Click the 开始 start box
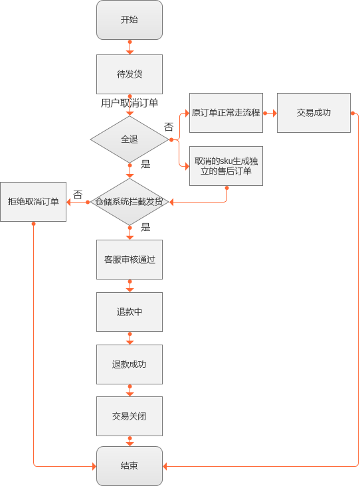coord(130,20)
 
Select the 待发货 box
coord(130,74)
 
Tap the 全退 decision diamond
coord(130,139)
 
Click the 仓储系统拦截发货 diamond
coord(130,202)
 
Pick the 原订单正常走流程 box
coord(226,113)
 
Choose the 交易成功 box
coord(314,113)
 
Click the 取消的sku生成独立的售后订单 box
coord(226,166)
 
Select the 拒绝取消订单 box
coord(33,202)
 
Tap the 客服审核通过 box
coord(130,260)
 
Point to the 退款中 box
coord(130,312)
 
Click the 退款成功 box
coord(130,364)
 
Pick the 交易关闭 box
coord(130,416)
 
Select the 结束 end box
coord(130,466)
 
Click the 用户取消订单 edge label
coord(130,103)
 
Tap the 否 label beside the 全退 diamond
coord(169,126)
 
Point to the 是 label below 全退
coord(145,164)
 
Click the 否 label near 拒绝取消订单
coord(78,195)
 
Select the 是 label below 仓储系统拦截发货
coord(145,227)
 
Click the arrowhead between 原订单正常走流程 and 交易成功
coord(275,113)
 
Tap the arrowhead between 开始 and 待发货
coord(130,52)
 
